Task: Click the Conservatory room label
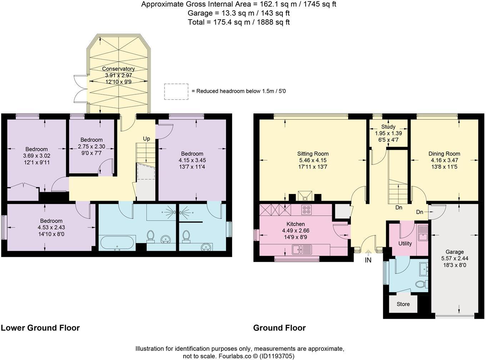coord(118,69)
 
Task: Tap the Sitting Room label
coord(313,154)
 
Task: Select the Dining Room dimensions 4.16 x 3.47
coord(444,160)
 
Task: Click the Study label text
coord(388,126)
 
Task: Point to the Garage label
coord(455,251)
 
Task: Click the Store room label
coord(403,304)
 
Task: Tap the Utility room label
coord(405,243)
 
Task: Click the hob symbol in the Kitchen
coord(306,210)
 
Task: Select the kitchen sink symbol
coord(302,249)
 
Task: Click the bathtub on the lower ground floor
coord(117,243)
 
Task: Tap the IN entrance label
coord(368,260)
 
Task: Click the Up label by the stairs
coord(146,139)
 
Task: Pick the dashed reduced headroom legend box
coord(176,91)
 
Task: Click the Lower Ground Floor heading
coord(40,327)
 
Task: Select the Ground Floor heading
coord(279,327)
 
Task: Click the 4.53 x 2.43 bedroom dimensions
coord(51,227)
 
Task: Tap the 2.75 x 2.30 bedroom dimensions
coord(91,146)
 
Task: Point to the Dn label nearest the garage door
coord(420,212)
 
